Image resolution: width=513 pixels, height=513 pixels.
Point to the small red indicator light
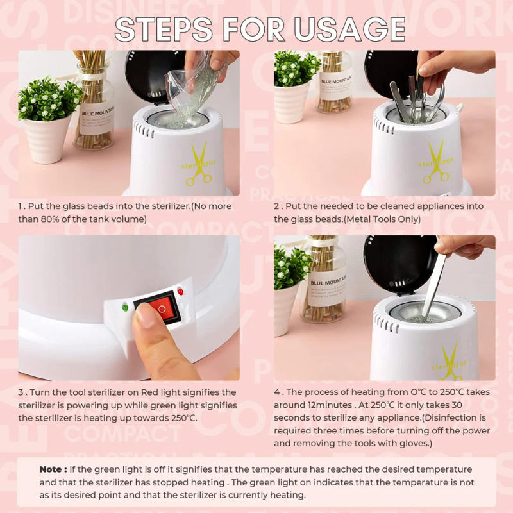pyautogui.click(x=180, y=292)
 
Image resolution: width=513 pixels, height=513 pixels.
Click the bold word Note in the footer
pyautogui.click(x=51, y=469)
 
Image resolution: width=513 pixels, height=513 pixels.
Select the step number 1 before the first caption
pyautogui.click(x=20, y=206)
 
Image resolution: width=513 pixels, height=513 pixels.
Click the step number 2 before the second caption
pyautogui.click(x=276, y=206)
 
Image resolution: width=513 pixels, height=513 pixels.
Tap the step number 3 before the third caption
pyautogui.click(x=21, y=392)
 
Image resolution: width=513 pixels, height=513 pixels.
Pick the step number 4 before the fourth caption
pyautogui.click(x=276, y=392)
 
